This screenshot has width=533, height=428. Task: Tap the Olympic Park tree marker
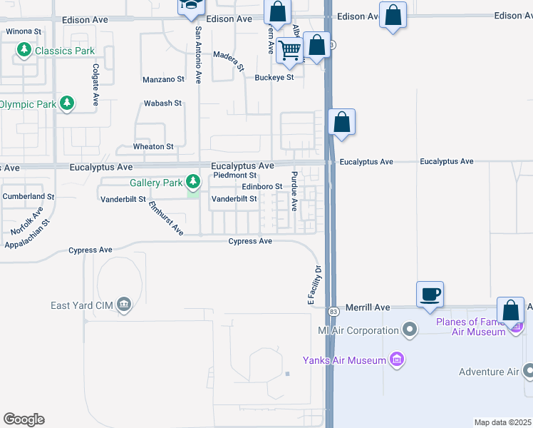(x=68, y=103)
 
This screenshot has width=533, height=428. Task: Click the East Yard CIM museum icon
(x=125, y=305)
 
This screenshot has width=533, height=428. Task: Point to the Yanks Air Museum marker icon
(x=397, y=360)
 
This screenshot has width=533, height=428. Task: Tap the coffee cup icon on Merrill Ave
(x=430, y=294)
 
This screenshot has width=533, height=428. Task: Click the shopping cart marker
(x=289, y=51)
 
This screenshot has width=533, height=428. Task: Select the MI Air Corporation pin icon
(x=409, y=330)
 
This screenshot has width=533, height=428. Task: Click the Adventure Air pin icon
(x=528, y=371)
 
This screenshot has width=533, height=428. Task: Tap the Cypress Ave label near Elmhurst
(x=90, y=250)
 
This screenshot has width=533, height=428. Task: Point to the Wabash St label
(x=163, y=103)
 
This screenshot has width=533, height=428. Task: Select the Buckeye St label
(x=275, y=77)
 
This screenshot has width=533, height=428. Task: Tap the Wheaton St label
(x=153, y=146)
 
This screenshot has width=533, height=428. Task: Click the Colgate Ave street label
(x=95, y=84)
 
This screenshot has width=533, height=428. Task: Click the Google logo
(x=24, y=419)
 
